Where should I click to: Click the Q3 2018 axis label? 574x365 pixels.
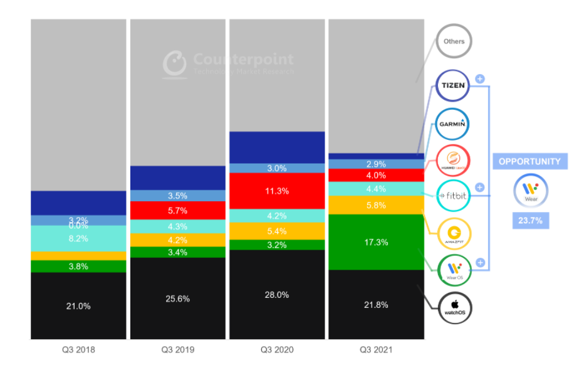tap(78, 349)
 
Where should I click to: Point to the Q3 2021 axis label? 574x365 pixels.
tap(375, 349)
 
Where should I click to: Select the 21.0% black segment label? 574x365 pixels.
tap(78, 306)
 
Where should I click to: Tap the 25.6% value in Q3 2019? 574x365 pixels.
tap(177, 299)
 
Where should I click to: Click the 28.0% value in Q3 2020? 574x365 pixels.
tap(276, 295)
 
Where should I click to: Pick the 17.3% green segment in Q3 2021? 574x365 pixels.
tap(376, 241)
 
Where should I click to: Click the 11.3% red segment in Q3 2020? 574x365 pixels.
tap(276, 191)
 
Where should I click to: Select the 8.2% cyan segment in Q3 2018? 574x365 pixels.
tap(78, 238)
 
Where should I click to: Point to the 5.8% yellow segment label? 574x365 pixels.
tap(376, 204)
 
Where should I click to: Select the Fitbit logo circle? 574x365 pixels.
tap(454, 196)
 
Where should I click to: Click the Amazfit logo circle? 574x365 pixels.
tap(454, 233)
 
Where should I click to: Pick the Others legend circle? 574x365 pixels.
tap(454, 42)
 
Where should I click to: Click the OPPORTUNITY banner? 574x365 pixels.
tap(530, 161)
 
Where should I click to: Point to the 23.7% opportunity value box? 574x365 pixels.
tap(530, 220)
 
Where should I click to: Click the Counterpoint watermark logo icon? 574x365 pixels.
tap(175, 63)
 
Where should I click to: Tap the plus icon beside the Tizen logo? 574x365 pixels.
tap(480, 79)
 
